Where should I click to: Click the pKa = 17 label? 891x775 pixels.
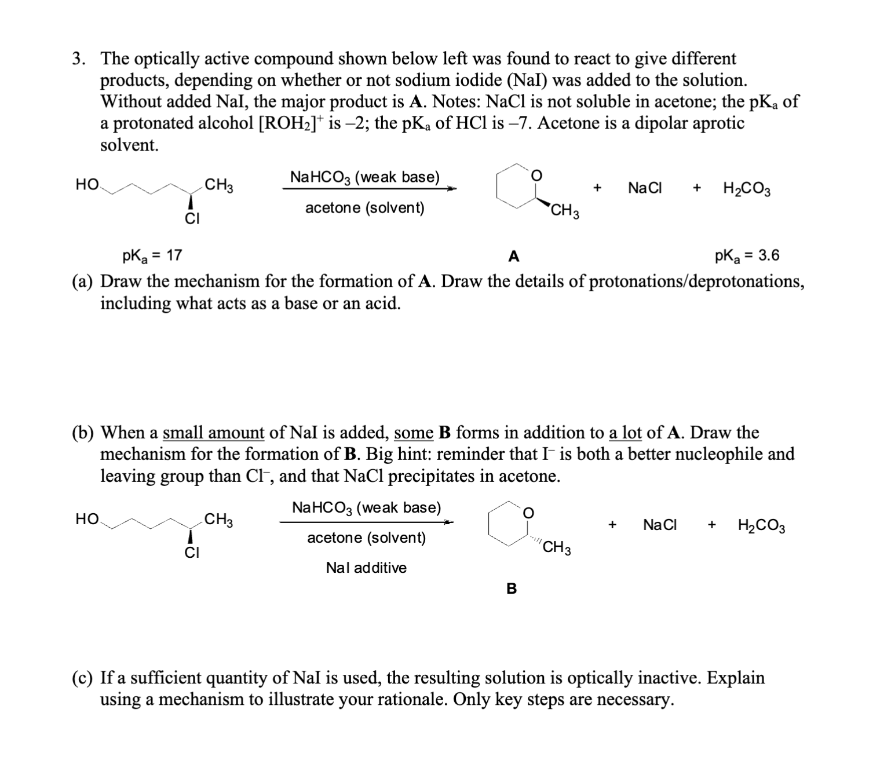pos(152,255)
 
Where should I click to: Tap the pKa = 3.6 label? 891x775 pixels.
pos(747,255)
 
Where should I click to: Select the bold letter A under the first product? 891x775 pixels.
pos(513,256)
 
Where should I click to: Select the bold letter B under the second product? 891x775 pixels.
pos(511,589)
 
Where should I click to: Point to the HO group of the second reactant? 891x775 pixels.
pos(87,519)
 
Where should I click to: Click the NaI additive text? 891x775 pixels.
pos(366,568)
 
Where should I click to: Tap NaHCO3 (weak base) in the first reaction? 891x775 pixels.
pos(365,177)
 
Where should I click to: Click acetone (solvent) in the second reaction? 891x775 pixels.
pos(366,538)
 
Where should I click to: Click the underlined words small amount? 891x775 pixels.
pos(213,433)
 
